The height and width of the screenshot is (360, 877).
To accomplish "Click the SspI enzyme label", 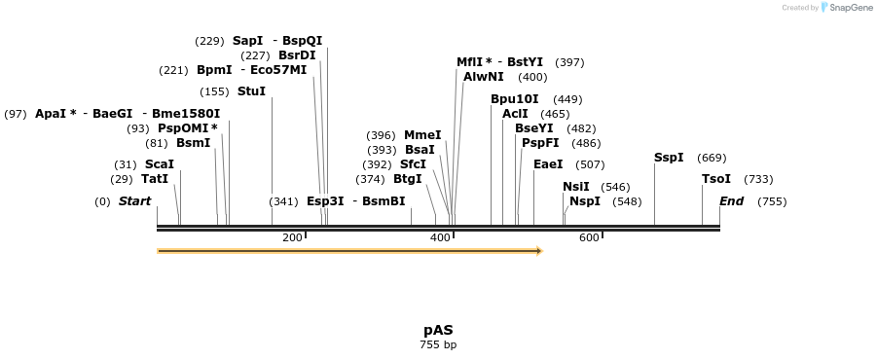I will pyautogui.click(x=669, y=158).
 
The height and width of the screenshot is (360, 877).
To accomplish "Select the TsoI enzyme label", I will pyautogui.click(x=716, y=179).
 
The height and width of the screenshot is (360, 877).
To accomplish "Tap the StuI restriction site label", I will pyautogui.click(x=251, y=91).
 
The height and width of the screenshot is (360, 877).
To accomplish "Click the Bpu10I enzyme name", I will pyautogui.click(x=514, y=99).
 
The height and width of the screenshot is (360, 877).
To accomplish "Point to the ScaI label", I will pyautogui.click(x=159, y=164).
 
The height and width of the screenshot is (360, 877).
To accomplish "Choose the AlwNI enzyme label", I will pyautogui.click(x=484, y=77).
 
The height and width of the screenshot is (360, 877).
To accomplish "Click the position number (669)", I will pyautogui.click(x=712, y=158).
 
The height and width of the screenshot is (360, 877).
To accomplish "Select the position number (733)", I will pyautogui.click(x=758, y=179).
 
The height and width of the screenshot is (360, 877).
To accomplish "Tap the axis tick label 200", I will pyautogui.click(x=292, y=238).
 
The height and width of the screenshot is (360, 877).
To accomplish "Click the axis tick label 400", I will pyautogui.click(x=440, y=238).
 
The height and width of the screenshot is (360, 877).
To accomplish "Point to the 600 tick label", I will pyautogui.click(x=589, y=238).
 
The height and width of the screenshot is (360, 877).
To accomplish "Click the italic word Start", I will pyautogui.click(x=134, y=201).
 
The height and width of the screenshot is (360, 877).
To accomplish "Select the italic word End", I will pyautogui.click(x=731, y=201).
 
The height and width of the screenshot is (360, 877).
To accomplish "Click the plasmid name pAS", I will pyautogui.click(x=438, y=330).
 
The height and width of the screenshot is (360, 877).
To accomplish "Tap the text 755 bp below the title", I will pyautogui.click(x=438, y=344).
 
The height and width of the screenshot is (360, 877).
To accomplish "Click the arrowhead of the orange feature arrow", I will pyautogui.click(x=538, y=251).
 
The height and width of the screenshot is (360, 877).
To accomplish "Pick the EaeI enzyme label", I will pyautogui.click(x=548, y=164).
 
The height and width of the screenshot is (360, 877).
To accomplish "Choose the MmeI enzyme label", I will pyautogui.click(x=422, y=135).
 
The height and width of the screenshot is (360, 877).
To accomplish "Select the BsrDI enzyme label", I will pyautogui.click(x=297, y=55).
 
